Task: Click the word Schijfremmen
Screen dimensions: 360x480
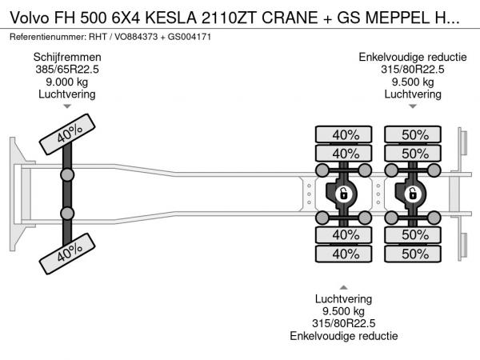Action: click(x=67, y=57)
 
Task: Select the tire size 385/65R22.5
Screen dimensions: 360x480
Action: click(x=67, y=70)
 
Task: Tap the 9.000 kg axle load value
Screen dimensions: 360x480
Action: click(x=67, y=82)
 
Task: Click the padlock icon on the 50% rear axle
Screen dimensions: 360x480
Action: click(x=414, y=194)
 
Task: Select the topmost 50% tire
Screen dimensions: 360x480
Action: click(x=414, y=134)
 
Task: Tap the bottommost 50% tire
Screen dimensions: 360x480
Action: click(x=414, y=254)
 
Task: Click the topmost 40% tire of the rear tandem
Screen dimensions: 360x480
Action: click(x=345, y=134)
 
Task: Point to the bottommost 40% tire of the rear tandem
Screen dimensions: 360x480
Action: click(x=345, y=254)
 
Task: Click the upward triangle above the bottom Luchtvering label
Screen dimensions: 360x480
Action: click(x=344, y=287)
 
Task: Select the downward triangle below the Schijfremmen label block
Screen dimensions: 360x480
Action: click(x=67, y=106)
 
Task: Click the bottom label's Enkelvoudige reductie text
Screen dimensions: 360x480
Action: click(x=345, y=337)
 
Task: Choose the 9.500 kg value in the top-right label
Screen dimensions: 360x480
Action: click(x=413, y=82)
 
